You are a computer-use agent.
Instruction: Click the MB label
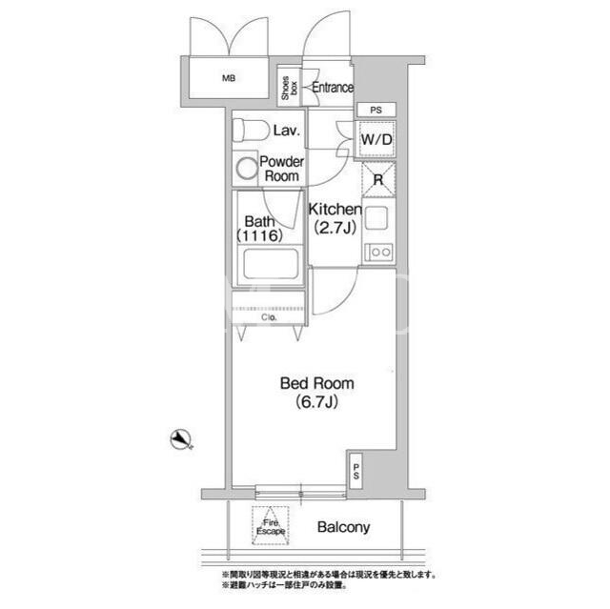(x=229, y=78)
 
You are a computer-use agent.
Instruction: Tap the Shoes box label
(x=290, y=88)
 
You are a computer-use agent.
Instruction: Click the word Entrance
(x=333, y=88)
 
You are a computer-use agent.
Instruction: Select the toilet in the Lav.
(x=251, y=131)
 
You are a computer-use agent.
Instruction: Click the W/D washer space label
(x=376, y=139)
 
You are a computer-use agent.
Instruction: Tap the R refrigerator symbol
(x=378, y=180)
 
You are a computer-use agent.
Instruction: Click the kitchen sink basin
(x=376, y=217)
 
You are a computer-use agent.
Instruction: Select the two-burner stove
(x=378, y=252)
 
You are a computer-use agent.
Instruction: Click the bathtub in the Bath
(x=271, y=264)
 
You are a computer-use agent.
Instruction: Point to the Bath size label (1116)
(x=259, y=235)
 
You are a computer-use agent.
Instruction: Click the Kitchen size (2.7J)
(x=335, y=227)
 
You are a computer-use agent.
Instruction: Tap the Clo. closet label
(x=269, y=317)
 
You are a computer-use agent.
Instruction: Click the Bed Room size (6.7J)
(x=316, y=402)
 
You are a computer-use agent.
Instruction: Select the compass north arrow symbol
(x=181, y=440)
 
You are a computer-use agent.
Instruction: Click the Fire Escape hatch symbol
(x=271, y=525)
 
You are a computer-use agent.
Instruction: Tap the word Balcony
(x=343, y=527)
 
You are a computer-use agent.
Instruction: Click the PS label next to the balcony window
(x=356, y=471)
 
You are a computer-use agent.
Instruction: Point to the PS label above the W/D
(x=376, y=110)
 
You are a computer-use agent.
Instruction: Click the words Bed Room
(x=317, y=383)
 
